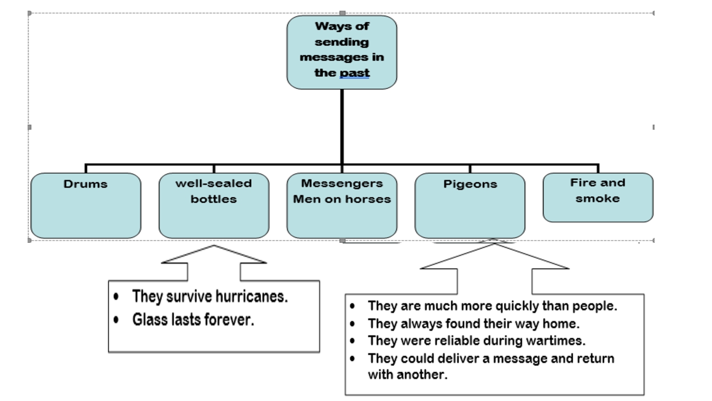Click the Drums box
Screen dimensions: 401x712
pos(86,205)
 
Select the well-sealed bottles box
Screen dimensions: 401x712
pos(214,205)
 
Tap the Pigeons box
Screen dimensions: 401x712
pos(470,205)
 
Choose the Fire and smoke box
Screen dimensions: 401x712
pos(598,197)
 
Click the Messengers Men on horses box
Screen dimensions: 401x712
pos(342,205)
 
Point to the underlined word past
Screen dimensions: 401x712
pos(355,73)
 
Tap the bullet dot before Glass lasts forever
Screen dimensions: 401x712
pos(116,319)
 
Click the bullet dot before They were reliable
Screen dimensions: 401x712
pos(352,341)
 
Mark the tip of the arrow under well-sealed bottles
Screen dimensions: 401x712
pos(214,246)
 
